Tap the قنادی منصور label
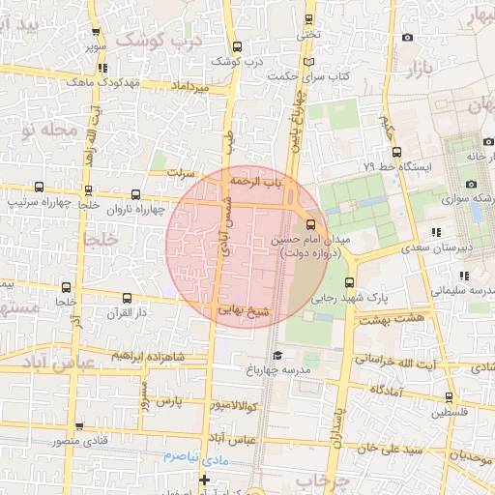tap(39, 441)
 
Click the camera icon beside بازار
tap(407, 38)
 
